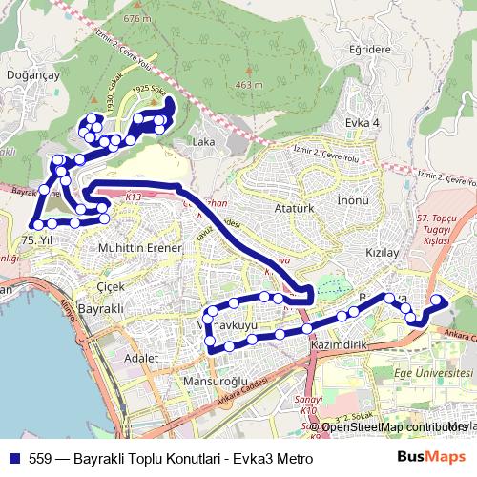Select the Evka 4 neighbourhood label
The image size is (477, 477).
pyautogui.click(x=362, y=123)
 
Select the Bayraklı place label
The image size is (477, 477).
pyautogui.click(x=101, y=311)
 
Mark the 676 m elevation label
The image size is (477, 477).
pyautogui.click(x=137, y=18)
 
